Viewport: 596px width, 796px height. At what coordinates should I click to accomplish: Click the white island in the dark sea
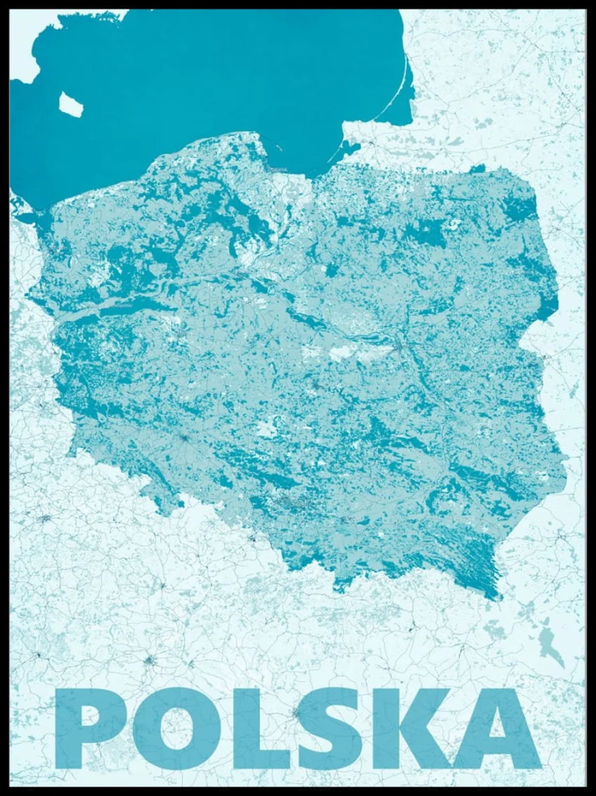(x=70, y=103)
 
